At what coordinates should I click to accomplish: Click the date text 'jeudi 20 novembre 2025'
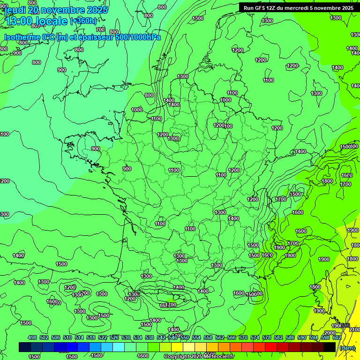(x=56, y=9)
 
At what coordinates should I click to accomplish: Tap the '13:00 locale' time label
(x=36, y=21)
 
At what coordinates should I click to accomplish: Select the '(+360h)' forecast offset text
(x=83, y=21)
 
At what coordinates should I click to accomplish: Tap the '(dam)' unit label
(x=347, y=347)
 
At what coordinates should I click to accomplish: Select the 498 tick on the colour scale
(x=32, y=337)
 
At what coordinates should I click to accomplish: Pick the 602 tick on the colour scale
(x=337, y=337)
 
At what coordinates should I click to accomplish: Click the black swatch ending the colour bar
(x=330, y=347)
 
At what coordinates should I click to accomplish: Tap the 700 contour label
(x=100, y=30)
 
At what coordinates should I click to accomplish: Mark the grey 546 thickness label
(x=345, y=325)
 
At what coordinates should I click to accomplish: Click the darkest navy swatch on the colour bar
(x=25, y=347)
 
